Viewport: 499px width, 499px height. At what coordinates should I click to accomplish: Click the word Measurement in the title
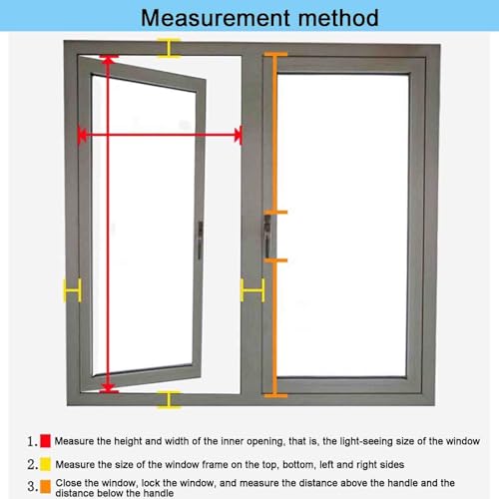(216, 18)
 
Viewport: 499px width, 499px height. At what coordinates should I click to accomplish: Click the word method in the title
(338, 18)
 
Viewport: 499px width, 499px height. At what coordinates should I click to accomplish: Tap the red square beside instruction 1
(45, 441)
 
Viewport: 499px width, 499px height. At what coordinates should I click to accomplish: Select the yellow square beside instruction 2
(45, 464)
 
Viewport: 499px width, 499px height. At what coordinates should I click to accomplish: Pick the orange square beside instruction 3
(45, 486)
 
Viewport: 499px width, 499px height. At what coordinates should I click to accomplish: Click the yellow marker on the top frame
(169, 48)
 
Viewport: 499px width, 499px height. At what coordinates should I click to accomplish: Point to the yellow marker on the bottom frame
(169, 399)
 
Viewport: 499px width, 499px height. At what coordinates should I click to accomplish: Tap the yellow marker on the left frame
(73, 290)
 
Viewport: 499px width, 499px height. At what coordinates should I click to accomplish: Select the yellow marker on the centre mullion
(252, 290)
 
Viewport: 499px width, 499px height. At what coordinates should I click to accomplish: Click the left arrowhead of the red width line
(82, 135)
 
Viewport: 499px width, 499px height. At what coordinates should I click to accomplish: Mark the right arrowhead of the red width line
(238, 135)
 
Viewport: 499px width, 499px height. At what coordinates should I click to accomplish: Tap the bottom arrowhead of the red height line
(108, 388)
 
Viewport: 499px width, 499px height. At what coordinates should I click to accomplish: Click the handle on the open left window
(200, 240)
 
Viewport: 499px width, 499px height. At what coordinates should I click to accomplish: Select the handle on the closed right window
(267, 237)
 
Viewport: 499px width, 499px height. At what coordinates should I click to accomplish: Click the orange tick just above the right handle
(275, 213)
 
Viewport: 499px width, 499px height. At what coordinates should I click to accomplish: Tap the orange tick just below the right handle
(275, 260)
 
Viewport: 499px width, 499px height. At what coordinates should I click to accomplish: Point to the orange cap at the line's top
(275, 54)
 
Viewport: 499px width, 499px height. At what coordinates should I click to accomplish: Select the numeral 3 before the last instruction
(31, 487)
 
